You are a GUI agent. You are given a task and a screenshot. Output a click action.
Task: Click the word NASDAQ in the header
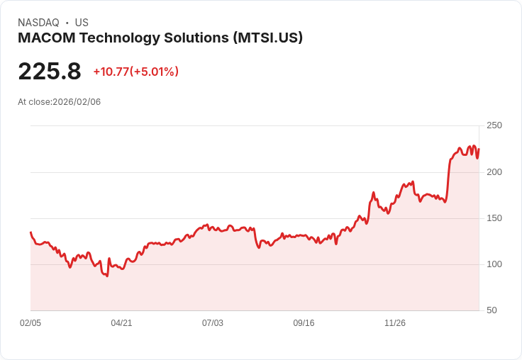tap(38, 23)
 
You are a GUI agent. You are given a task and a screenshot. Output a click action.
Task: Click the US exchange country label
tap(82, 23)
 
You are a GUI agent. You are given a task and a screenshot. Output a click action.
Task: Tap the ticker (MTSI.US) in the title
tap(267, 38)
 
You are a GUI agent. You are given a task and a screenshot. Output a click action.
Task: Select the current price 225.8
tap(50, 72)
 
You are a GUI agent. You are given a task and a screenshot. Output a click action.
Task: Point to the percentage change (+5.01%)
tap(154, 72)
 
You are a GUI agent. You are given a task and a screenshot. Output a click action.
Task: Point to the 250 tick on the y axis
tap(494, 125)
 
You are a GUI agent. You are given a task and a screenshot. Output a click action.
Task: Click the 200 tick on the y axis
tap(494, 171)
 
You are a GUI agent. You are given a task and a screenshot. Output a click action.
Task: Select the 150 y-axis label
tap(494, 218)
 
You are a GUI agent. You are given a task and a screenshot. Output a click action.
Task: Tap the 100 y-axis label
tap(494, 264)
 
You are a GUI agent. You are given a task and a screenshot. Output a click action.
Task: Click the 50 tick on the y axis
tap(492, 310)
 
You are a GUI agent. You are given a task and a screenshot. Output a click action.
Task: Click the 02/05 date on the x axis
tap(30, 323)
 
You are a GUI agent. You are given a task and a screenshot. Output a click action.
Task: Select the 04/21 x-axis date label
tap(121, 323)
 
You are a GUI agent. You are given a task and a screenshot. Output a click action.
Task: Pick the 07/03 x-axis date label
tap(213, 323)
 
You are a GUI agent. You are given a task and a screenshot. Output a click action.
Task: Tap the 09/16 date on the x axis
tap(304, 323)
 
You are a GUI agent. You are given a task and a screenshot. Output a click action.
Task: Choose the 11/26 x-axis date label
tap(395, 323)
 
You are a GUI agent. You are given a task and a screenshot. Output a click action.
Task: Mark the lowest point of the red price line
tap(107, 276)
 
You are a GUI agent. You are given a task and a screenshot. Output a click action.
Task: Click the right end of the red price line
tap(479, 149)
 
